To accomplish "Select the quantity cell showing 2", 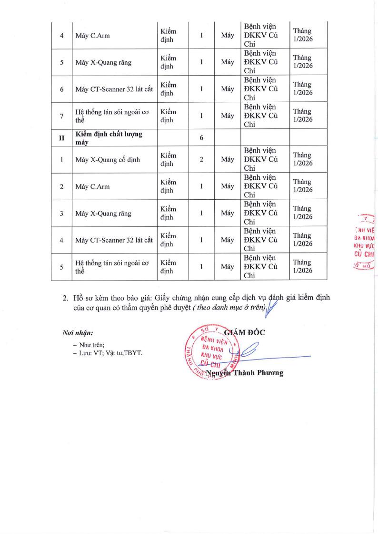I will point(201,160).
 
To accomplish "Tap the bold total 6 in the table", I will point(201,137).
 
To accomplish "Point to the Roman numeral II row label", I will point(61,138).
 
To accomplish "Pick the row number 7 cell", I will point(61,116).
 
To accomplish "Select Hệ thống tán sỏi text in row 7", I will point(112,116).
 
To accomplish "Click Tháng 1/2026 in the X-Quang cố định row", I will point(303,159).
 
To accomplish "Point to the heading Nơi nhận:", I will point(77,332).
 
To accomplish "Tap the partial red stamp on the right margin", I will point(365,243).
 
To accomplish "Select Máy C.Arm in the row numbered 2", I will point(92,186).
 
